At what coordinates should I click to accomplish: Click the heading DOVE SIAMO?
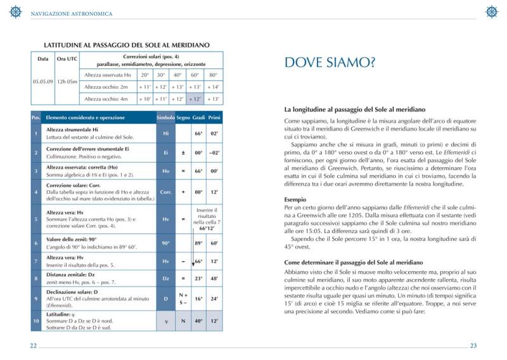point(330,62)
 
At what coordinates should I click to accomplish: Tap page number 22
point(33,345)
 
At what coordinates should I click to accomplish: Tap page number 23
point(473,345)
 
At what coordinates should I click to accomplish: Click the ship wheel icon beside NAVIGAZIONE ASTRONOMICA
point(15,11)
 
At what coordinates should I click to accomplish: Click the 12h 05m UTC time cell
point(67,81)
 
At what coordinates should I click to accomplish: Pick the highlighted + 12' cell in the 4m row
point(195,99)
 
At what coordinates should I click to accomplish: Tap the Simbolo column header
point(166,118)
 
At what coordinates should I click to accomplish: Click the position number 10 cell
point(35,321)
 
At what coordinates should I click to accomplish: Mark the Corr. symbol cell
point(166,191)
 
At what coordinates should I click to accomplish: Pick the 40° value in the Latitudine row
point(198,321)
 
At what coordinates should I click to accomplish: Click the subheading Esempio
point(295,199)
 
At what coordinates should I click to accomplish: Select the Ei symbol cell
point(166,153)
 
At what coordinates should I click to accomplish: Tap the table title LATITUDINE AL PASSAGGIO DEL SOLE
point(127,46)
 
